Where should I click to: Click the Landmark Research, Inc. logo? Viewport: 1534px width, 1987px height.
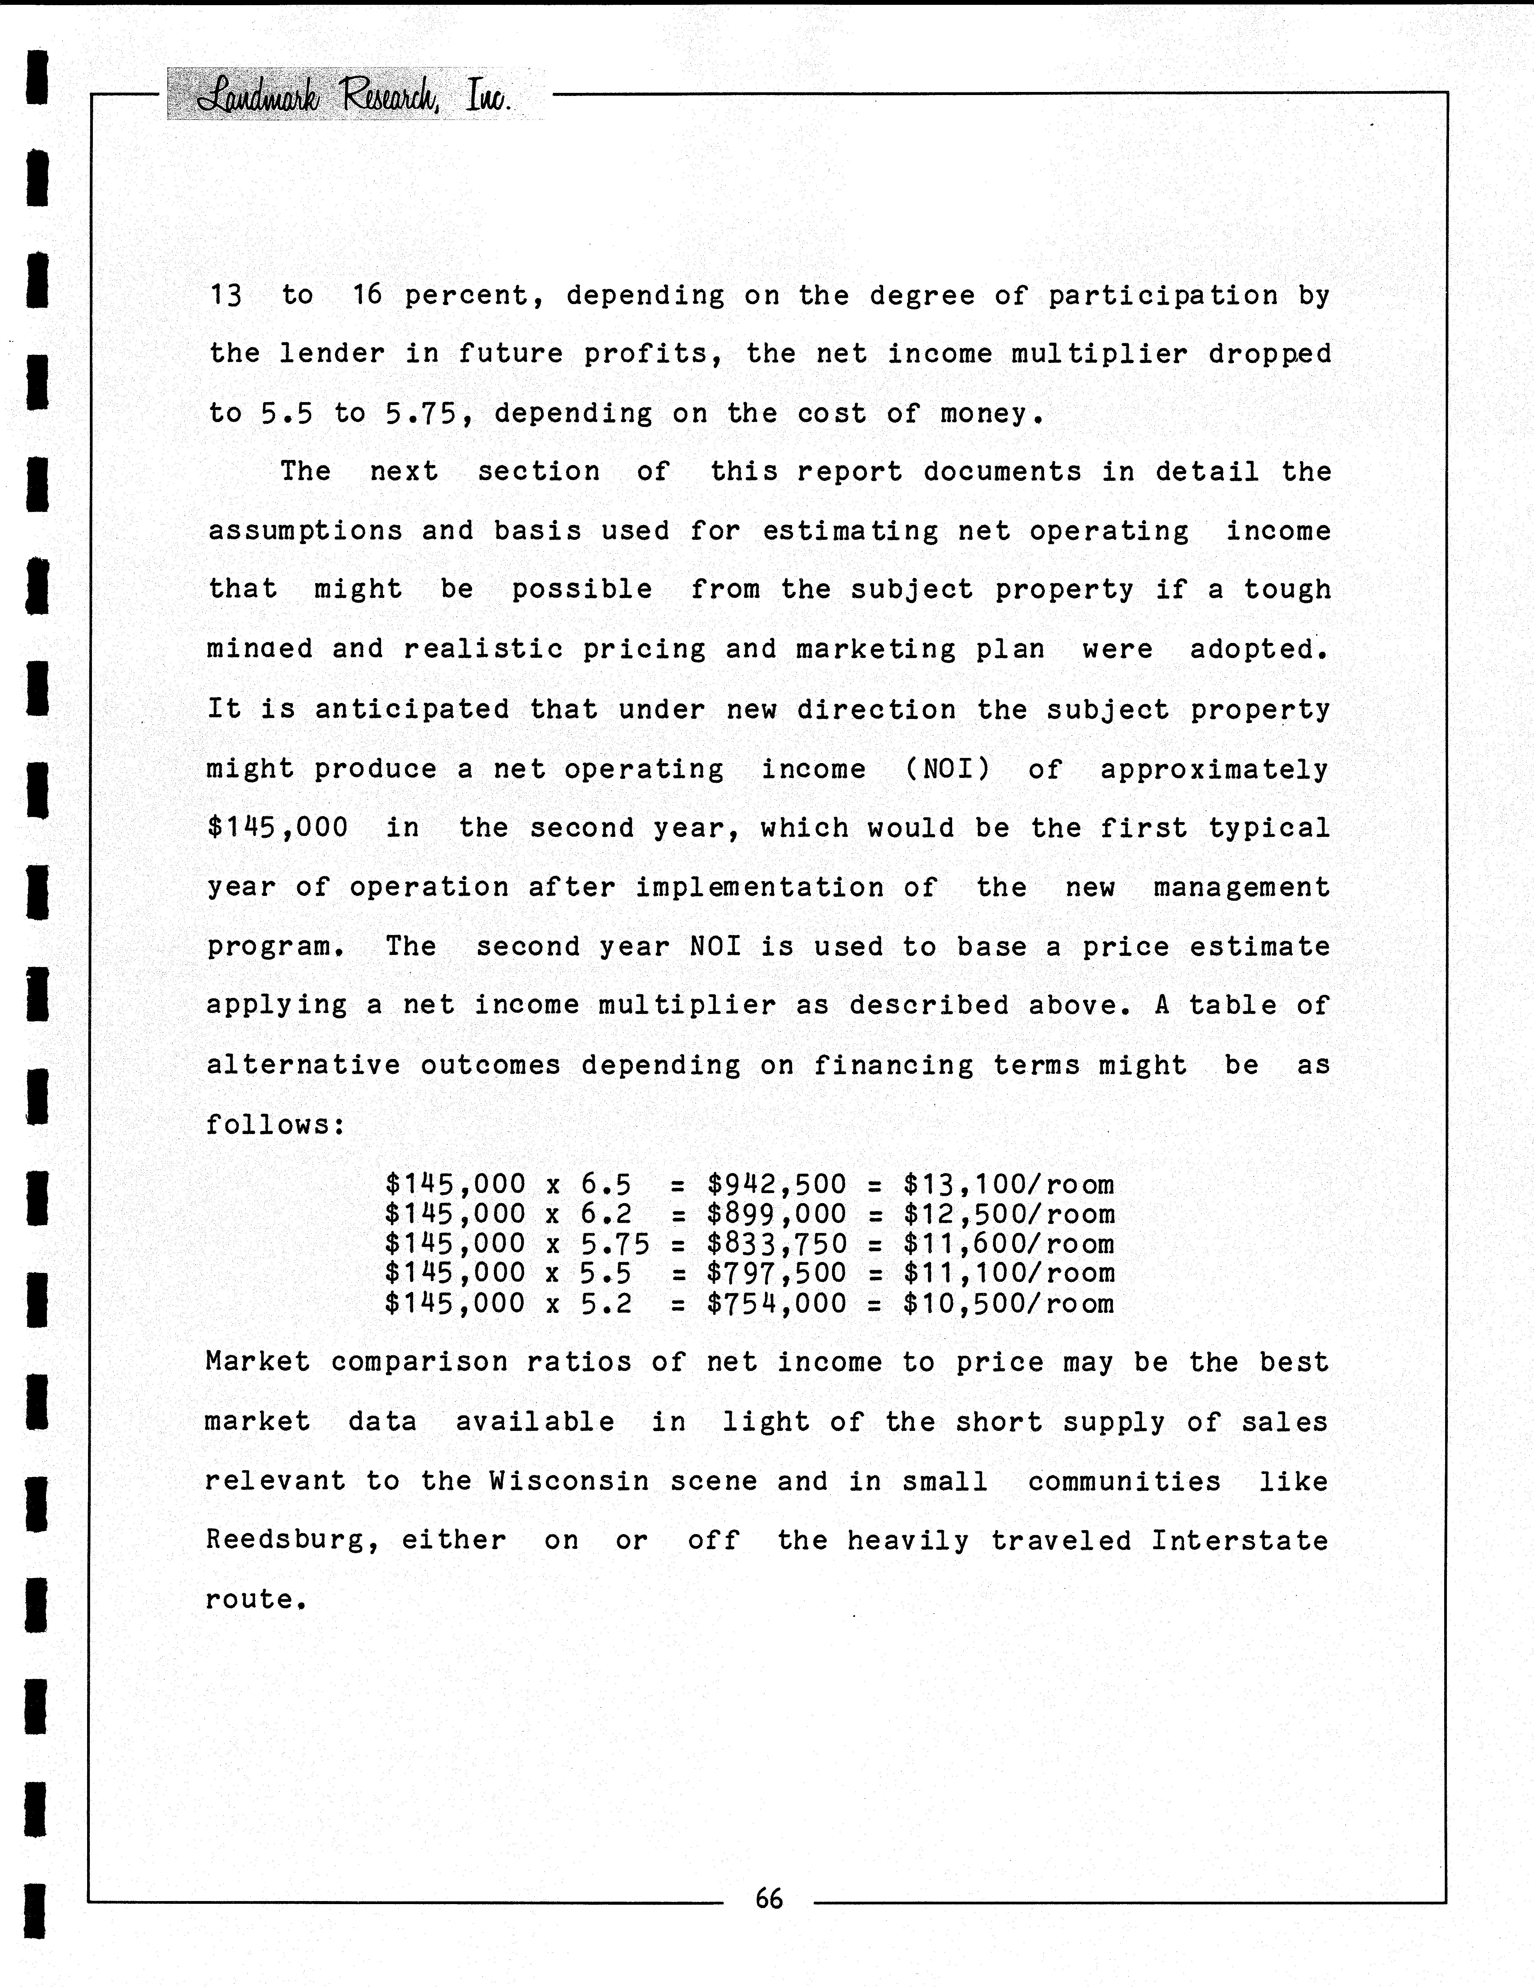coord(355,95)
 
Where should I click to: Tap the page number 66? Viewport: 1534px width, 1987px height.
coord(769,1898)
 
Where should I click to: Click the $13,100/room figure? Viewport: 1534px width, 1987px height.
coord(1008,1185)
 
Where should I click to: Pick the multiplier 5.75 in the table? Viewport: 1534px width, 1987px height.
coord(615,1244)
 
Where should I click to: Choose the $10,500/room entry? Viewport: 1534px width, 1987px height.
coord(1008,1304)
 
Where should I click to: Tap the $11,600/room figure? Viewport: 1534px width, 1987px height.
coord(1008,1244)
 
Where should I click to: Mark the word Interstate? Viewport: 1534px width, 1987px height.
coord(1239,1541)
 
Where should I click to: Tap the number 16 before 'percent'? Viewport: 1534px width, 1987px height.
coord(367,295)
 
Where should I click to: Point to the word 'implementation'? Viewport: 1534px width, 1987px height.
coord(759,887)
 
